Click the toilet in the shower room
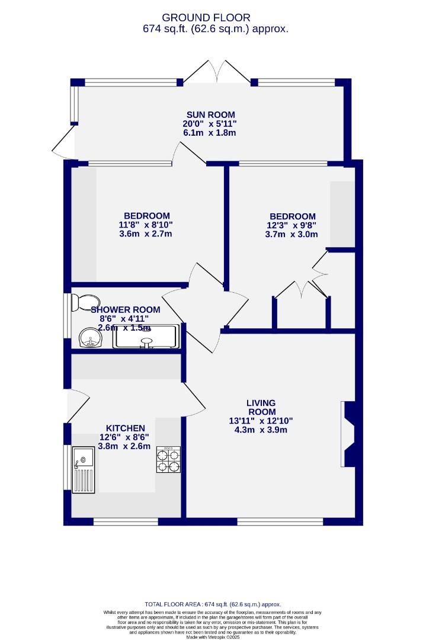click(x=81, y=303)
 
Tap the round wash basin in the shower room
click(x=89, y=338)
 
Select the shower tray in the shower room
click(x=146, y=336)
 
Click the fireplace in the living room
click(x=348, y=434)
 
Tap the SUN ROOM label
click(x=210, y=114)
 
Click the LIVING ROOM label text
click(x=261, y=408)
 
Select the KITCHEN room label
click(x=125, y=428)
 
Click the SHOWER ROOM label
click(x=125, y=309)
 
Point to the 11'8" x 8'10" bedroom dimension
click(x=146, y=225)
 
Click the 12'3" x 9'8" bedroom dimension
click(x=292, y=225)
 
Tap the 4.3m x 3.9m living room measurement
click(x=261, y=430)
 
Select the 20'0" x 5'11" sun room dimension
click(x=210, y=124)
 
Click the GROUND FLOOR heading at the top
click(x=206, y=18)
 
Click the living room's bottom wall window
click(x=280, y=521)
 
